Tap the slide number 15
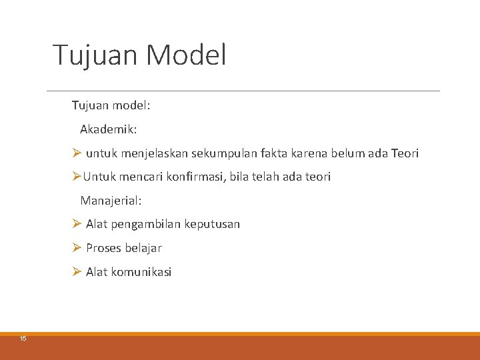[x=23, y=339]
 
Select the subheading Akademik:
[x=109, y=129]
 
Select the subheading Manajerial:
[x=111, y=200]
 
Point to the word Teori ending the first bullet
[x=405, y=153]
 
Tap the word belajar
[x=144, y=248]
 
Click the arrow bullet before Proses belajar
[x=77, y=248]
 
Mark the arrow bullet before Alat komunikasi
[x=77, y=271]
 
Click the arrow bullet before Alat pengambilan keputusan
[x=77, y=224]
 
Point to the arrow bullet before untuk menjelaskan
[x=77, y=153]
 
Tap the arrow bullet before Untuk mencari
[x=77, y=177]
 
